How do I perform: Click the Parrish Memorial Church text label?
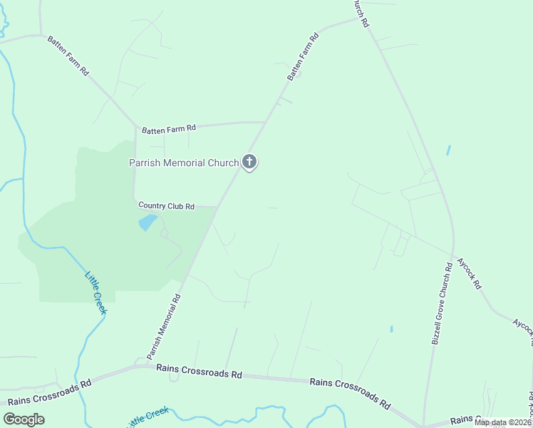183,163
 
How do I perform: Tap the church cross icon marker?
249,162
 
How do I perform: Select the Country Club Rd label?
166,206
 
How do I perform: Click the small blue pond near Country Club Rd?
148,222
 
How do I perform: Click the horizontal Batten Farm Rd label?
169,129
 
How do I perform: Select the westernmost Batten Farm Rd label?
68,56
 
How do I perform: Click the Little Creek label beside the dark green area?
95,292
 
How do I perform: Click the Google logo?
24,419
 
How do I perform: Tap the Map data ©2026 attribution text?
502,422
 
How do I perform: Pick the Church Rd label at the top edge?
361,13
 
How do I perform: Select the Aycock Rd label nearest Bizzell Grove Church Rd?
469,273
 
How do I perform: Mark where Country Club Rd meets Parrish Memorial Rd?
217,207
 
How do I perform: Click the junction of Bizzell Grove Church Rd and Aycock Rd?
452,255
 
